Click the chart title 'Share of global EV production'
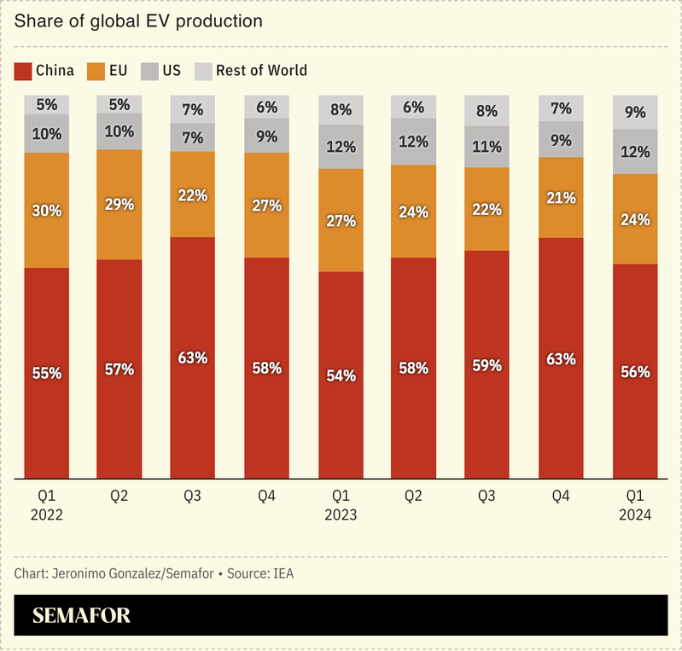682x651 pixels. tap(138, 20)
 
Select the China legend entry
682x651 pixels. tap(44, 70)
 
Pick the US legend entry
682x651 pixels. tap(160, 70)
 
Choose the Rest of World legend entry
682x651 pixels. tap(251, 70)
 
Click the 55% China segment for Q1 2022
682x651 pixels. tap(46, 373)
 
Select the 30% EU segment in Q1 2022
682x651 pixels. tap(46, 210)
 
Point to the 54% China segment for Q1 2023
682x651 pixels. tap(341, 375)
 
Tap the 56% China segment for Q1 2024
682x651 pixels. tap(635, 371)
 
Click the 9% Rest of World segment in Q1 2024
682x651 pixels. tap(635, 112)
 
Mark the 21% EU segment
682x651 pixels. tap(562, 198)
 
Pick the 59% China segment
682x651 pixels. tap(487, 364)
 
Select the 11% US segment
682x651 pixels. tap(487, 146)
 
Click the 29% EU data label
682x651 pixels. tap(119, 205)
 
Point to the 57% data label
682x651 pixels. tap(119, 369)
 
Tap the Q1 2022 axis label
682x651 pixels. tap(46, 506)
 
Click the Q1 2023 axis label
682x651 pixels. tap(341, 506)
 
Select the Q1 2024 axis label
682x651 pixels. tap(635, 506)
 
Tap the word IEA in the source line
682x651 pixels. tap(283, 573)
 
